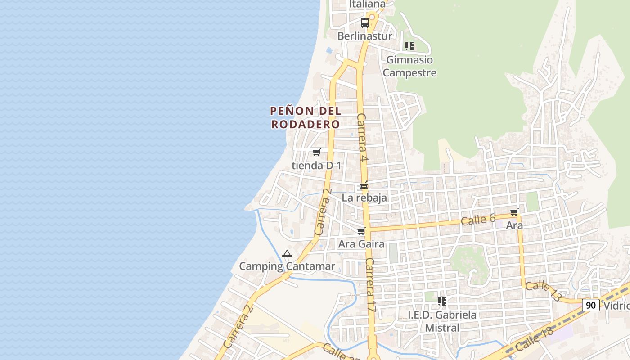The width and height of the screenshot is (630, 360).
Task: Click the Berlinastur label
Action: [x=364, y=36]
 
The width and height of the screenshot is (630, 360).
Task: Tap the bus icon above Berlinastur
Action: [x=365, y=22]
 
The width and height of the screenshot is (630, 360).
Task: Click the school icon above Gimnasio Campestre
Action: [x=409, y=46]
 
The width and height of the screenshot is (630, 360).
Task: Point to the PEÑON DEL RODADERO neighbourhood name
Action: [x=306, y=117]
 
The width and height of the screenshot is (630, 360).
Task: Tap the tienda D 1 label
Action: [x=316, y=166]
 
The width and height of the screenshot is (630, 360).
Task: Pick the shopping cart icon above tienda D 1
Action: [x=317, y=152]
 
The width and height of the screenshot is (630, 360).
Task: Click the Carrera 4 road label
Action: [x=363, y=138]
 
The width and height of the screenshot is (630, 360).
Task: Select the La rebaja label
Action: [x=364, y=198]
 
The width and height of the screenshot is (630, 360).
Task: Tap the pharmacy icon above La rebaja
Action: [x=364, y=185]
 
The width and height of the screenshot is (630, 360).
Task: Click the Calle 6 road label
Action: [x=478, y=220]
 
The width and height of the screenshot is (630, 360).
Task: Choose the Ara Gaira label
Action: [x=361, y=244]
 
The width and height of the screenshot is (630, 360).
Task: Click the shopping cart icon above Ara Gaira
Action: [x=361, y=231]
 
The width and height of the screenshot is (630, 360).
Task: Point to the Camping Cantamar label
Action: [x=287, y=266]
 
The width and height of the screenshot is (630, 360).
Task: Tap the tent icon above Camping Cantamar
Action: [x=287, y=254]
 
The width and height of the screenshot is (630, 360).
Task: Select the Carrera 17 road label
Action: [x=370, y=286]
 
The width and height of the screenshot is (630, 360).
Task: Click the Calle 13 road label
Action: [x=544, y=291]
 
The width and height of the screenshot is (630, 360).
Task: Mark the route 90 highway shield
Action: [x=591, y=305]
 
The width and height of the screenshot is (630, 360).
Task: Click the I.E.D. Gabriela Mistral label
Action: [x=442, y=321]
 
